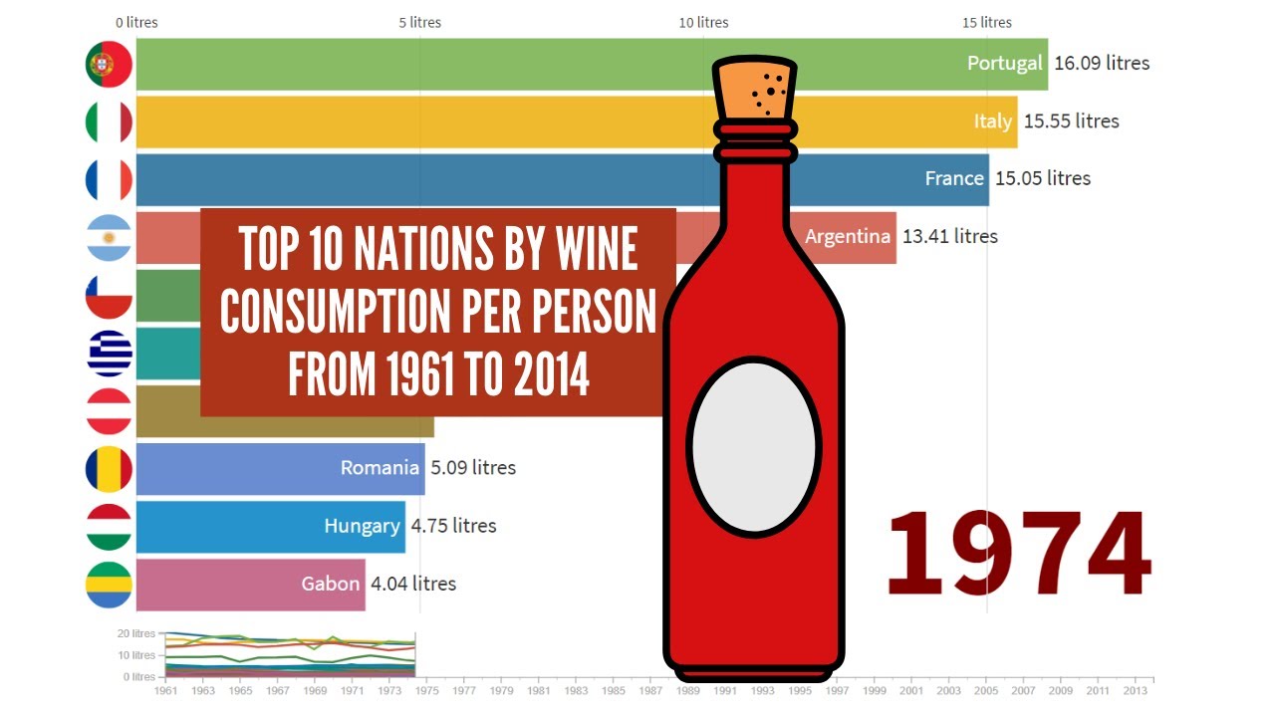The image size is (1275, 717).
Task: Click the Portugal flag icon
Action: point(109,64)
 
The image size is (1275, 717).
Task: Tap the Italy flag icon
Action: point(109,122)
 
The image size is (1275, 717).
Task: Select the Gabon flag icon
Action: point(109,585)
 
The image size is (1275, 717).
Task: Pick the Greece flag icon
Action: point(109,354)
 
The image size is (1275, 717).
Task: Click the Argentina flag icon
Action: point(109,238)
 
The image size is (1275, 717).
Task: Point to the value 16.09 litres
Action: point(1101,64)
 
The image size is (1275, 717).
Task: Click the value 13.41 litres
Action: point(949,237)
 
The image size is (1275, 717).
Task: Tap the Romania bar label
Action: point(380,468)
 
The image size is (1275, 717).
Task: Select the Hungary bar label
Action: point(362,526)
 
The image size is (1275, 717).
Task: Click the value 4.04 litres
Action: point(412,584)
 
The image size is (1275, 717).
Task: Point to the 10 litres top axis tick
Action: point(704,23)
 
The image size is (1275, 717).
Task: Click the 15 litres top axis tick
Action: point(987,23)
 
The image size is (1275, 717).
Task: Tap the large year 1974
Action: point(1017,556)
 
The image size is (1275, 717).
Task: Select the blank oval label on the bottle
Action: point(754,445)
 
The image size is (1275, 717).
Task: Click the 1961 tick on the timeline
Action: point(166,690)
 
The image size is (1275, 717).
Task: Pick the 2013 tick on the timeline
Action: point(1135,690)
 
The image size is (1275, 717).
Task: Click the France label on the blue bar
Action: point(954,179)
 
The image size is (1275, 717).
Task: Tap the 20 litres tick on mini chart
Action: point(136,633)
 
